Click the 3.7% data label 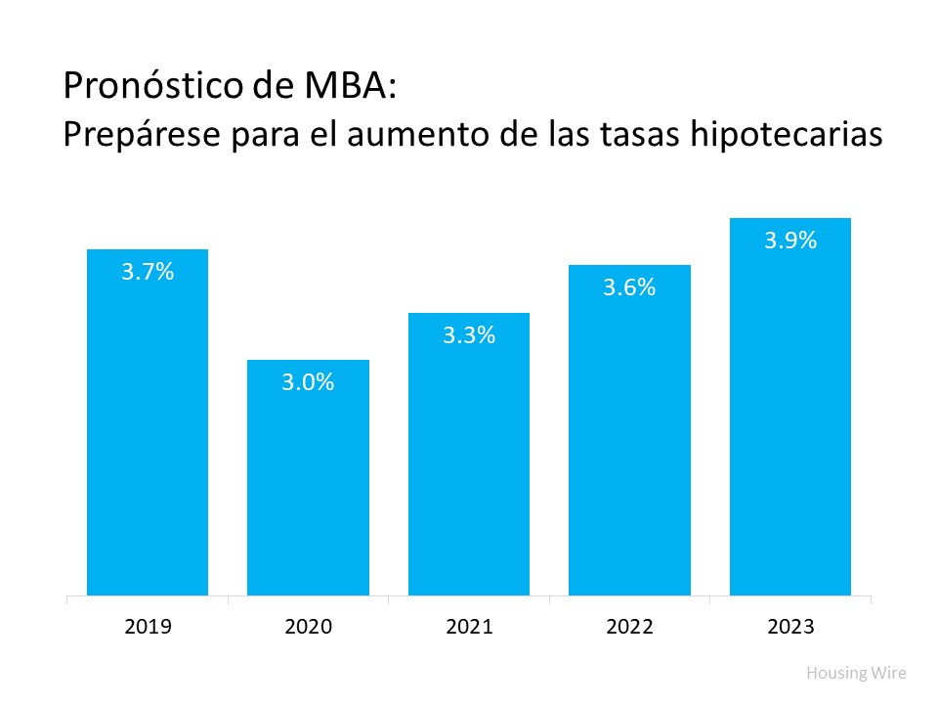tap(148, 273)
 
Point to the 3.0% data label tap(308, 382)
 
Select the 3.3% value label tap(469, 335)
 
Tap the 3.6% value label tap(629, 288)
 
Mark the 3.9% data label tap(790, 242)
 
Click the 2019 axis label tap(148, 626)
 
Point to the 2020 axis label tap(308, 626)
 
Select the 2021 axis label tap(469, 626)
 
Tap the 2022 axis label tap(629, 626)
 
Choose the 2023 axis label tap(790, 626)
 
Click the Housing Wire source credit tap(856, 673)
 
